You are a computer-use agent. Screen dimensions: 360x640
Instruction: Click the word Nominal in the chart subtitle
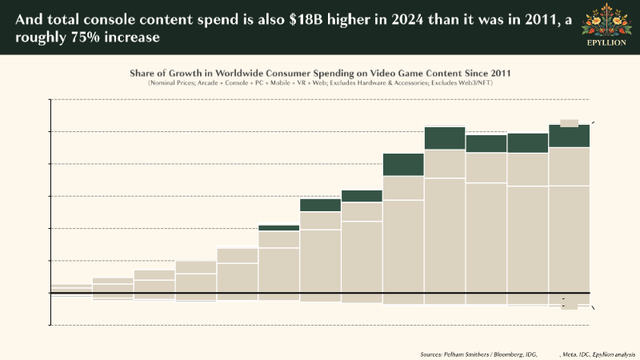click(162, 82)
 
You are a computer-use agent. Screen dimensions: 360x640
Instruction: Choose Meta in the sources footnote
click(570, 353)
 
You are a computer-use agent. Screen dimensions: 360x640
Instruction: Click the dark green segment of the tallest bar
click(445, 138)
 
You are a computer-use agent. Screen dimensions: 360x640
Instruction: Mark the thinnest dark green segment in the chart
click(278, 228)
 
